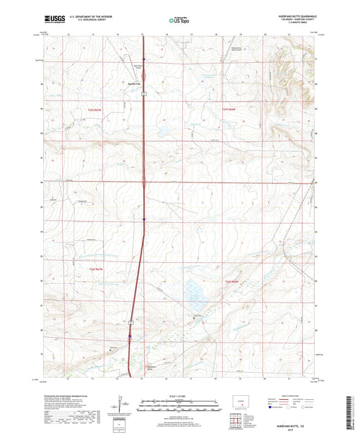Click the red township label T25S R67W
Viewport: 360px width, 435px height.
(x=111, y=109)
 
